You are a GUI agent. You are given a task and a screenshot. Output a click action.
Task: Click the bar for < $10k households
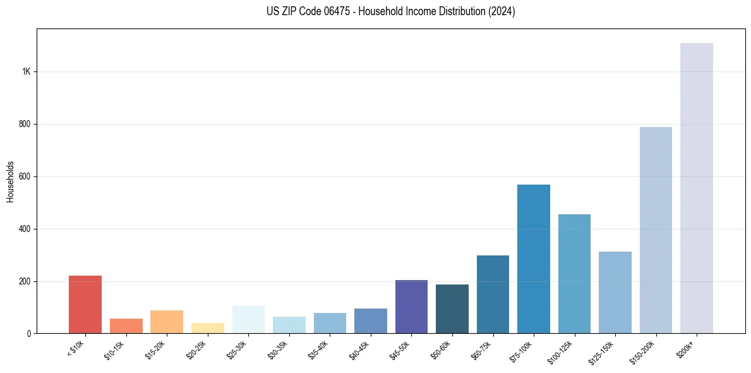coord(85,304)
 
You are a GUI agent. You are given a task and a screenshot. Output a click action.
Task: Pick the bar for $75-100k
coord(534,259)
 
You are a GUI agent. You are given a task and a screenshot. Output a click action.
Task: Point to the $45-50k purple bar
coord(411,307)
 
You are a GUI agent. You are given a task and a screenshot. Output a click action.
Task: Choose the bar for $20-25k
coord(208,328)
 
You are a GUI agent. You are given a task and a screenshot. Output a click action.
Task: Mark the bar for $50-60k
coord(452,309)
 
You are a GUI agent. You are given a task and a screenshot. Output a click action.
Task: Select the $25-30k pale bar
coord(248,319)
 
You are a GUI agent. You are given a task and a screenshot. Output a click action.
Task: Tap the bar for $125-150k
coord(615,292)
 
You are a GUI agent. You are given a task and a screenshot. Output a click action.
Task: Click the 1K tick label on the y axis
coord(27,71)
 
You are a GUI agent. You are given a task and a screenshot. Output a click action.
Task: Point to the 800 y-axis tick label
coord(25,124)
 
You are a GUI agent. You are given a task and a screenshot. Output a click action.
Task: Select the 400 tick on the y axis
coord(25,229)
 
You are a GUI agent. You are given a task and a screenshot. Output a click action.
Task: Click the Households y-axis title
coord(10,181)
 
